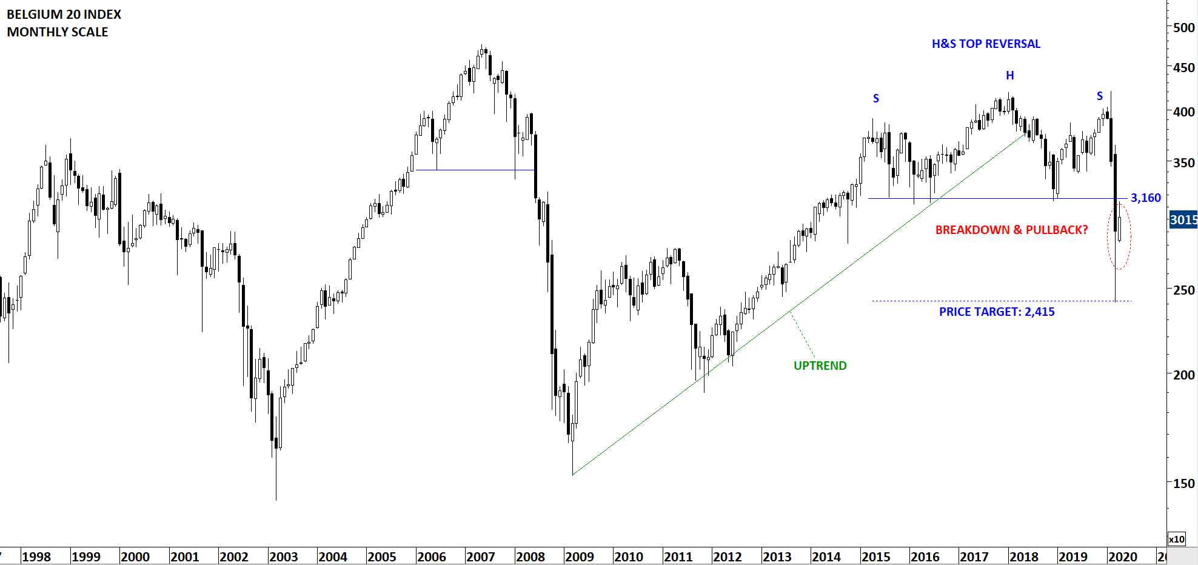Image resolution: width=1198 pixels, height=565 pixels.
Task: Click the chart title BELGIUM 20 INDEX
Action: point(64,15)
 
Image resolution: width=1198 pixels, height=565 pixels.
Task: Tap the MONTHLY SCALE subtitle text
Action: point(58,32)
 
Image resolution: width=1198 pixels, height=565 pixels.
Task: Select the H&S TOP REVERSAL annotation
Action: point(986,44)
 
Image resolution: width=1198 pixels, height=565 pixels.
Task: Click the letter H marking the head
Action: point(1010,76)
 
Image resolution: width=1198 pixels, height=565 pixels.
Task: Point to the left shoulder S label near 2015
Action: point(876,99)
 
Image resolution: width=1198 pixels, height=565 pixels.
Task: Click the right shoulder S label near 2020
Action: point(1100,96)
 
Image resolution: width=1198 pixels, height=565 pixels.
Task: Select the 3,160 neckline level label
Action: point(1145,198)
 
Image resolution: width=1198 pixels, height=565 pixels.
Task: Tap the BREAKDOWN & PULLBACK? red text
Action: point(1011,230)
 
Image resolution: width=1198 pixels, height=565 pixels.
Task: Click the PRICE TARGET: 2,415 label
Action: point(997,312)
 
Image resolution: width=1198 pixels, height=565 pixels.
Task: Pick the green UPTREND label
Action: point(820,366)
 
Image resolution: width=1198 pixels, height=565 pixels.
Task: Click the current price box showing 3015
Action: point(1183,220)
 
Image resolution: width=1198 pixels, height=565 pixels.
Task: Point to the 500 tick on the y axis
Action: point(1183,28)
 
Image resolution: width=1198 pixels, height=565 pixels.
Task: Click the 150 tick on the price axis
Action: point(1183,484)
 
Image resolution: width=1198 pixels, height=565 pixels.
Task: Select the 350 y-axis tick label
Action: point(1183,163)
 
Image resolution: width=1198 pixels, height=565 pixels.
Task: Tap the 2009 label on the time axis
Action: point(580,557)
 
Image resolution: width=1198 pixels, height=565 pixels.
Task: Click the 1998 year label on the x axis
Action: point(36,557)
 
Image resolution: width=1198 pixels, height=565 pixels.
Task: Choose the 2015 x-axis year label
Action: point(875,557)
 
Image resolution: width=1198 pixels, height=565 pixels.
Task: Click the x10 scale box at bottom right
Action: point(1176,539)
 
